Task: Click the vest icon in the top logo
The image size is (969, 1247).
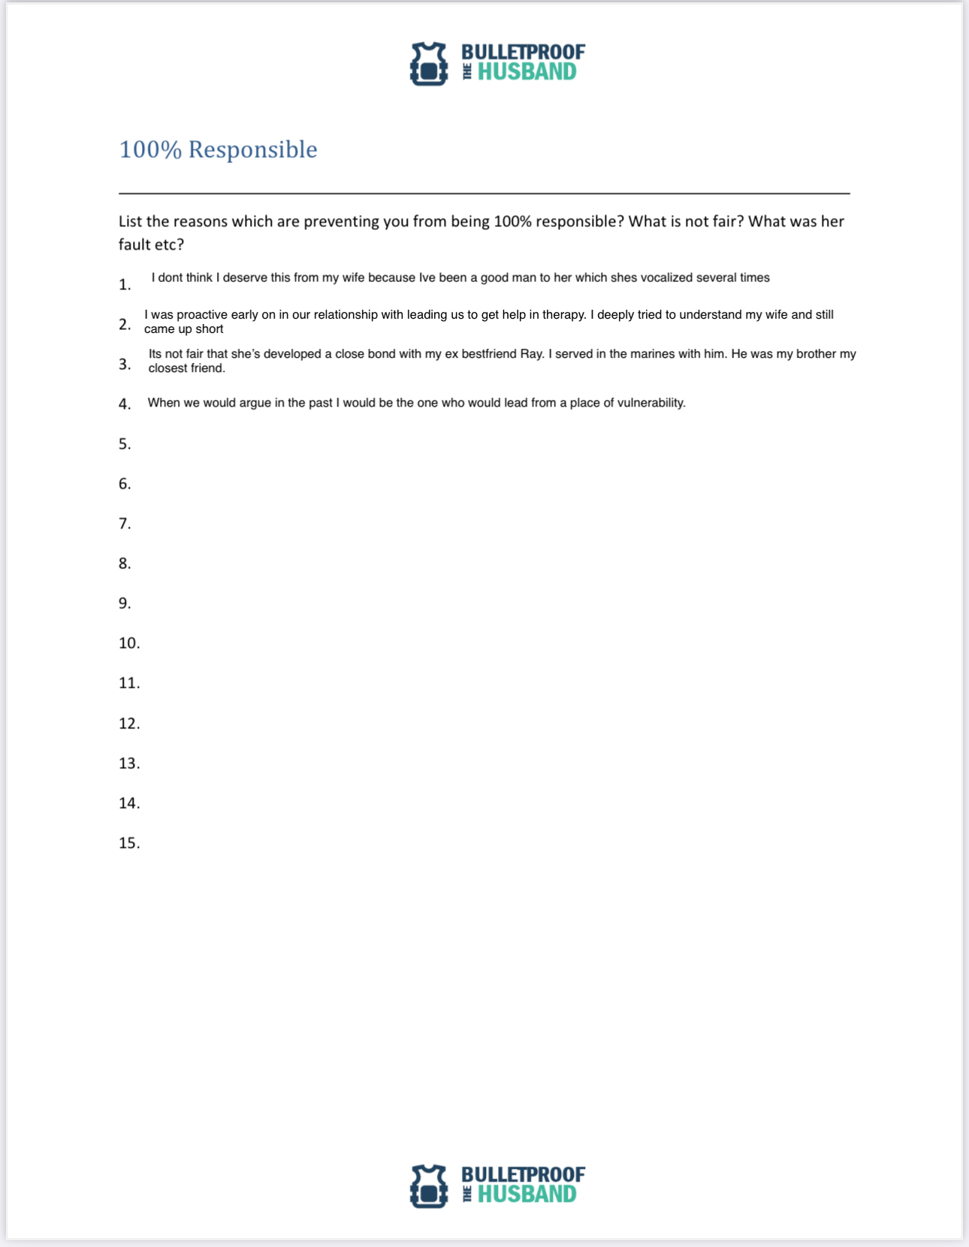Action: pos(429,63)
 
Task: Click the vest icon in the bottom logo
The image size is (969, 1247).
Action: pos(429,1186)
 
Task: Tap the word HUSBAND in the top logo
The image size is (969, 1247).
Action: pos(527,72)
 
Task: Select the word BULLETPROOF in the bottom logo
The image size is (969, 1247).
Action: pos(523,1175)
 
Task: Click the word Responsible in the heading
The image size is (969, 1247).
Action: pos(252,150)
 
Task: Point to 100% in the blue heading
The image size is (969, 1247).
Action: pos(150,150)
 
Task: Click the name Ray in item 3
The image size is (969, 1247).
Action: pos(531,354)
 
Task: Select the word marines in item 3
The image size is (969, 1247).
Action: pos(654,354)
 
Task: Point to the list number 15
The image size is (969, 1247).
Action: pos(129,843)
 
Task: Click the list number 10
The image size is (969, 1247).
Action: pos(129,643)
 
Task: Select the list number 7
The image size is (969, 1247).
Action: pos(125,524)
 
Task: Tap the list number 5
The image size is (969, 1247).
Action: pos(125,444)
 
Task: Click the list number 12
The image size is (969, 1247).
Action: pos(129,724)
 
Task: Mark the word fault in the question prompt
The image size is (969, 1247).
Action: pos(134,245)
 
